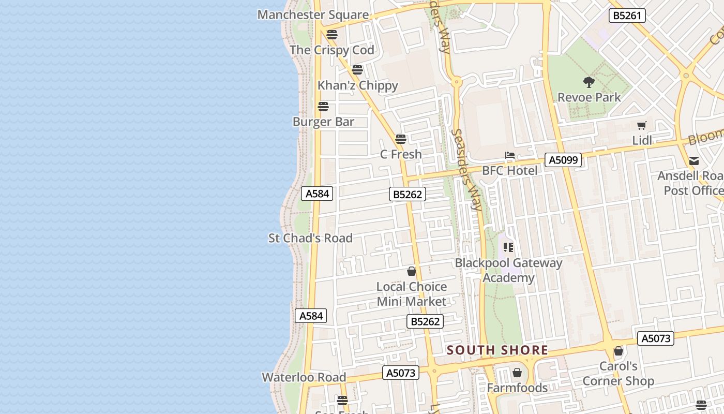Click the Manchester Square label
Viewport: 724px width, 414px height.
point(313,14)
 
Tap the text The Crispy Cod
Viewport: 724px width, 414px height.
point(331,50)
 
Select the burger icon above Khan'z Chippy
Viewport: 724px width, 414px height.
point(357,70)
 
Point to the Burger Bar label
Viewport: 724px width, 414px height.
point(323,122)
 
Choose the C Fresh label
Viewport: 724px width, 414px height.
point(401,154)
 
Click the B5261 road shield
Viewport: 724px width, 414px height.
point(627,16)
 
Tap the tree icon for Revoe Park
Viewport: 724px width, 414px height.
point(589,82)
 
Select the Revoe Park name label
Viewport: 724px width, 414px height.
point(589,97)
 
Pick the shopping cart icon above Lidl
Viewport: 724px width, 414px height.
point(642,125)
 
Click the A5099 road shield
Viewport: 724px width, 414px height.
point(563,160)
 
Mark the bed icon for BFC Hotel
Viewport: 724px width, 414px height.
point(510,155)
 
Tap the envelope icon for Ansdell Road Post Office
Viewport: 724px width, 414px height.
point(694,161)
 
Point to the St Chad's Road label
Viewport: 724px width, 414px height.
point(310,238)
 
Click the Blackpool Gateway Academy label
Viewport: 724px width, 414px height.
point(508,270)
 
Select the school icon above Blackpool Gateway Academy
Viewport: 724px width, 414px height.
point(508,247)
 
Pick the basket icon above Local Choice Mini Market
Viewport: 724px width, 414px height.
point(412,271)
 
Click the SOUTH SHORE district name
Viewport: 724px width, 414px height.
point(497,350)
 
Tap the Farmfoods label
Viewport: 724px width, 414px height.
point(517,388)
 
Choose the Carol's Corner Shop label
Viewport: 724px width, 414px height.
point(618,374)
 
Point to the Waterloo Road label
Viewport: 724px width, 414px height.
point(304,377)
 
